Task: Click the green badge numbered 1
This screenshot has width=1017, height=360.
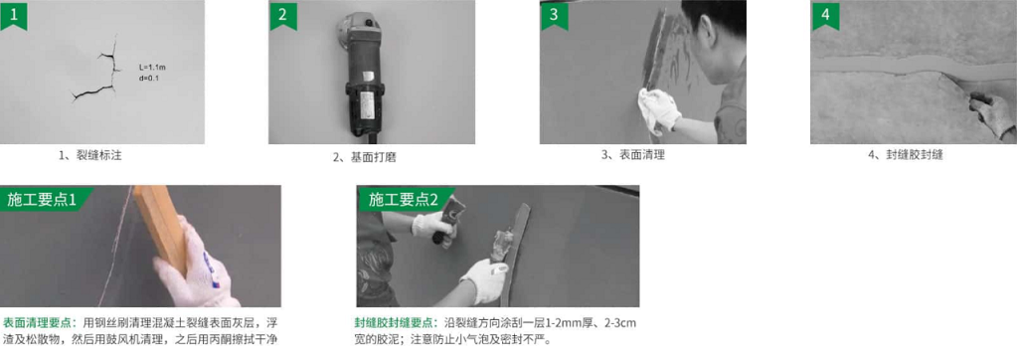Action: [x=14, y=14]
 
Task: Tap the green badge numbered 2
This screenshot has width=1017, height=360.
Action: [x=282, y=14]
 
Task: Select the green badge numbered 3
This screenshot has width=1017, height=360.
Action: [x=554, y=14]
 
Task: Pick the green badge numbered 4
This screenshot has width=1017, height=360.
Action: [x=825, y=14]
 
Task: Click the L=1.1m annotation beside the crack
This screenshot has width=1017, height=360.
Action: [x=153, y=68]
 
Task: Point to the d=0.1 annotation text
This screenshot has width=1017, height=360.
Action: [x=149, y=79]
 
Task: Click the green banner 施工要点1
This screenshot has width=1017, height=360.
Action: [x=43, y=199]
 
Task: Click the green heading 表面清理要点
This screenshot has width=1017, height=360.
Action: [x=41, y=322]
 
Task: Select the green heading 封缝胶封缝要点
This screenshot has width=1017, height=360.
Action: [x=397, y=323]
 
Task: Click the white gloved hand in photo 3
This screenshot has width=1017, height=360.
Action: [x=659, y=111]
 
